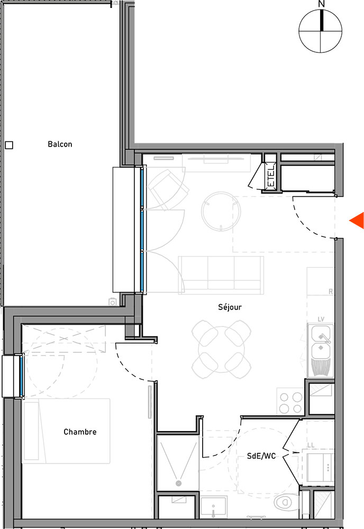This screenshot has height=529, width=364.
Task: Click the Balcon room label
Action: [x=60, y=144]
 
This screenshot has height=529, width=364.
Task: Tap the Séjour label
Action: [x=230, y=307]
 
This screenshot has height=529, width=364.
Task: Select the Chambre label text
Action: [x=80, y=432]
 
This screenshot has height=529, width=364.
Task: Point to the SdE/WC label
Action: [x=261, y=456]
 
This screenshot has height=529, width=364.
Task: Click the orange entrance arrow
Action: [x=357, y=221]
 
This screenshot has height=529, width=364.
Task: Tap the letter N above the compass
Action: [x=321, y=4]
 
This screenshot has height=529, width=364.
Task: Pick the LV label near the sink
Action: [x=321, y=319]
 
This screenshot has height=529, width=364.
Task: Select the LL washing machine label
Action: [x=311, y=445]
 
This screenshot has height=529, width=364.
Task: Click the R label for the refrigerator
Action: [x=331, y=291]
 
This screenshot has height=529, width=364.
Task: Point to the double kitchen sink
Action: [x=321, y=350]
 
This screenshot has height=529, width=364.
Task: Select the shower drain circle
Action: [x=178, y=484]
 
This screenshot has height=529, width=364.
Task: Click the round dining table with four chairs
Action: [x=221, y=349]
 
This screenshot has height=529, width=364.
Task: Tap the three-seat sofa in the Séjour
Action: [x=221, y=275]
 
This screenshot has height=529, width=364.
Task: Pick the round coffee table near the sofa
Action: [x=221, y=212]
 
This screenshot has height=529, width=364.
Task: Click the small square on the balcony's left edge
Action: [x=9, y=145]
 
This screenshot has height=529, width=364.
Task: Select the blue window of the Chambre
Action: [x=21, y=376]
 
